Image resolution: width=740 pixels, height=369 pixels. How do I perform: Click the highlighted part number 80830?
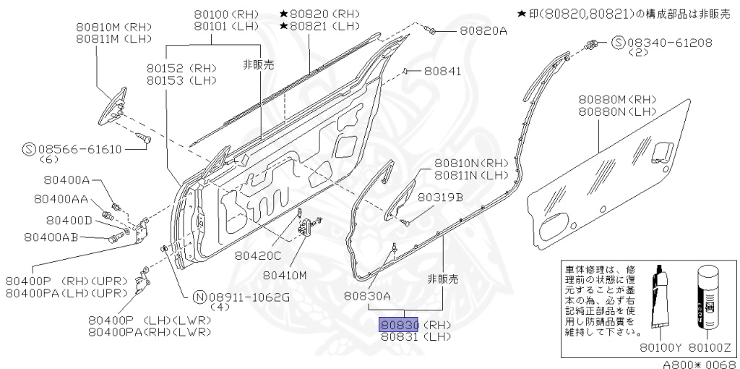pyautogui.click(x=399, y=325)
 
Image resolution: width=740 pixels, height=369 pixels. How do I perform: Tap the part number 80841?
pyautogui.click(x=442, y=71)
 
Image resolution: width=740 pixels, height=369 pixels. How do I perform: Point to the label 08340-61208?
pyautogui.click(x=663, y=43)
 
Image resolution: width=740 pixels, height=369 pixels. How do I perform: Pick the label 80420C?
pyautogui.click(x=257, y=255)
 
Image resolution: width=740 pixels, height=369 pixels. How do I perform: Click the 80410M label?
pyautogui.click(x=285, y=275)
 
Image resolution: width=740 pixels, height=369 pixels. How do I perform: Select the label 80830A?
pyautogui.click(x=367, y=295)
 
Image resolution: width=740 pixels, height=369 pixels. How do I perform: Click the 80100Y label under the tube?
pyautogui.click(x=656, y=347)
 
